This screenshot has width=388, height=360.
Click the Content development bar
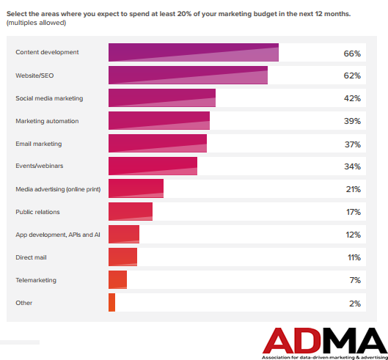[x=194, y=53]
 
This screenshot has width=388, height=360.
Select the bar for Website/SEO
[x=188, y=76]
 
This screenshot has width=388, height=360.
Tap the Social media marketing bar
[x=162, y=98]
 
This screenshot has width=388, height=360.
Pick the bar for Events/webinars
[x=153, y=166]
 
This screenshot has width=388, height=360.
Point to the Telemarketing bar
[x=117, y=280]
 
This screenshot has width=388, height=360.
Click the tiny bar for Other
[x=111, y=303]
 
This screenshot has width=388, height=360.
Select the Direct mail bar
[x=122, y=257]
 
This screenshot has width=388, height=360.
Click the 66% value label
[x=352, y=54]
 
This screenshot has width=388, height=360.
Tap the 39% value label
[x=352, y=121]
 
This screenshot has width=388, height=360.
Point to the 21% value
[x=352, y=189]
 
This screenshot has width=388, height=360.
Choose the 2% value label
[x=354, y=303]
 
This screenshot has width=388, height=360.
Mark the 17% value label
[x=352, y=212]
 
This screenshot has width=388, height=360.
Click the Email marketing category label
[x=38, y=144]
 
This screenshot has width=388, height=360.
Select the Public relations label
[x=37, y=212]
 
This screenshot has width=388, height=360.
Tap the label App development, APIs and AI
[x=57, y=235]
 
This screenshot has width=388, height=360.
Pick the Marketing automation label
[x=47, y=121]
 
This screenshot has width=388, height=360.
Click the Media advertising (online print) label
[x=58, y=189]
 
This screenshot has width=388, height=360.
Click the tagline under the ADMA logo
[x=323, y=355]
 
